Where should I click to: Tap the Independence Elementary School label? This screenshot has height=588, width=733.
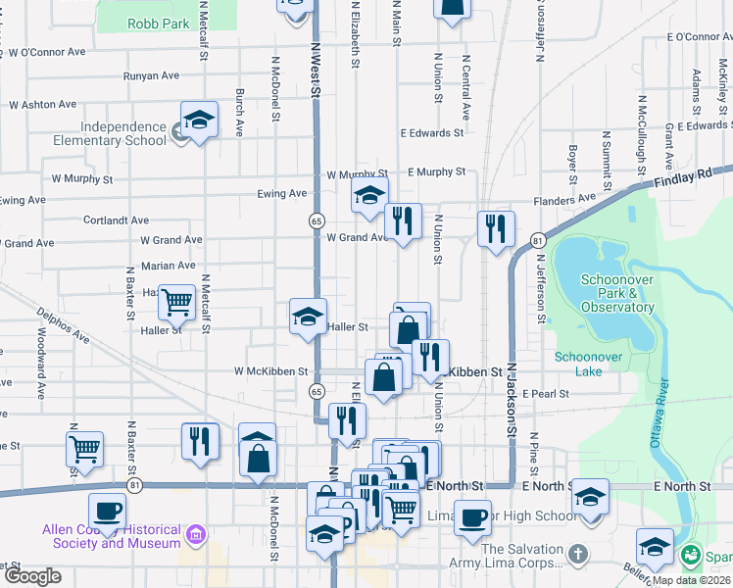click(122, 133)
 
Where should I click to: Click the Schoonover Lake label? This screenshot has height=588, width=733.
click(587, 357)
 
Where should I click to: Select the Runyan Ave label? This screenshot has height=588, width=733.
click(151, 75)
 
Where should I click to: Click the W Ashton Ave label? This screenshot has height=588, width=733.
click(42, 104)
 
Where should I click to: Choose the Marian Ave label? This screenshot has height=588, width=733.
click(168, 266)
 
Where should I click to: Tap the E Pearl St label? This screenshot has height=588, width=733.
click(546, 393)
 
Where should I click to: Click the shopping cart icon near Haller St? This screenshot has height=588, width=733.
click(176, 302)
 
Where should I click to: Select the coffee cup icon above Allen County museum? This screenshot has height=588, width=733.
click(107, 510)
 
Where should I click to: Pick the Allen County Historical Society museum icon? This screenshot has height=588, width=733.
click(196, 535)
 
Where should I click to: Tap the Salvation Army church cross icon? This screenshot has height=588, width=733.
click(577, 555)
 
